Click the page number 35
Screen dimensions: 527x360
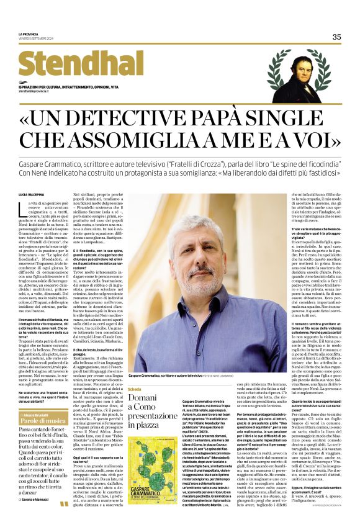click(336, 37)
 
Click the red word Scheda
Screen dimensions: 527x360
click(134, 389)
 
